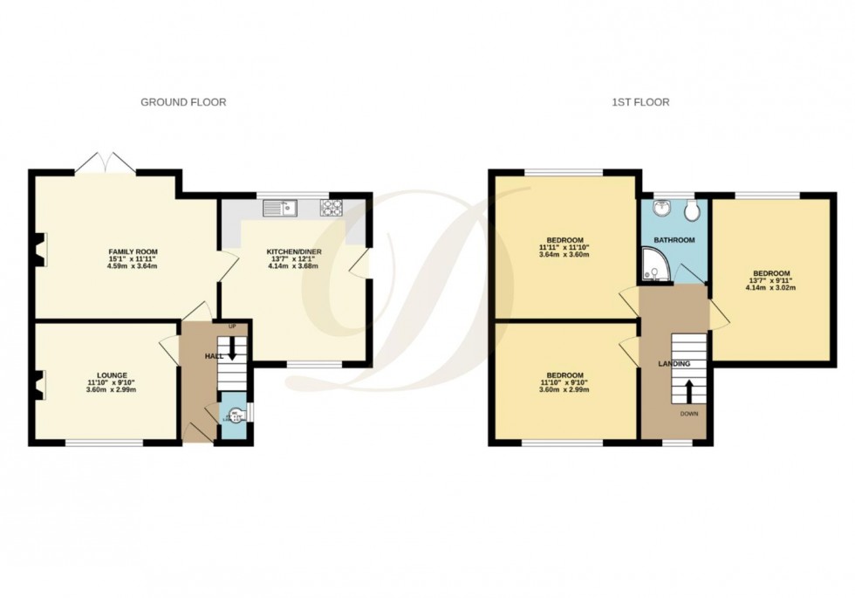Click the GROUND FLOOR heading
pos(183,102)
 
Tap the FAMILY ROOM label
pos(133,251)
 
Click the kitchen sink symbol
pos(281,207)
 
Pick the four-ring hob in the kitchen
pos(332,207)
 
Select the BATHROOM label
pos(675,239)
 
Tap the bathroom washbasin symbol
pos(661,210)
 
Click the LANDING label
pos(674,364)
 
